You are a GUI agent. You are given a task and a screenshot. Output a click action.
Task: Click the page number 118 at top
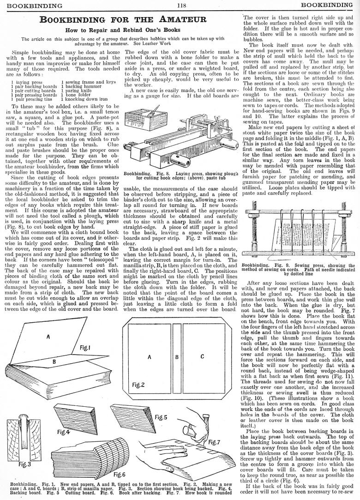180,5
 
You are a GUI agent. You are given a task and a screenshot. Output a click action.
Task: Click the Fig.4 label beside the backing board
63,432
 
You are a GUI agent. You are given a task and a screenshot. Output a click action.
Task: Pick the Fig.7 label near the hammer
214,442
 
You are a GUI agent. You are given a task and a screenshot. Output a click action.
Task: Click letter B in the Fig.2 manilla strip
176,357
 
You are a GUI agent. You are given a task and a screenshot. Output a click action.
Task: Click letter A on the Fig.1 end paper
48,337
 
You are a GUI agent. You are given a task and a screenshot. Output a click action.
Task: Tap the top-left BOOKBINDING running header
32,5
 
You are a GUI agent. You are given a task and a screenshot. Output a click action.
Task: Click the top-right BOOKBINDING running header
329,5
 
